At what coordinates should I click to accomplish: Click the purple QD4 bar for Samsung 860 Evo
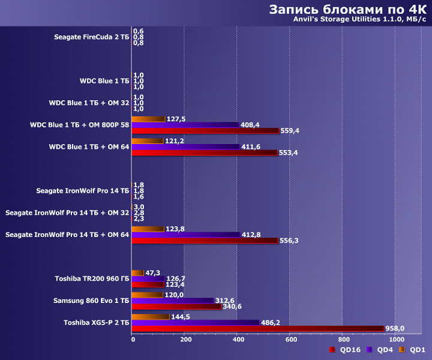point(173,301)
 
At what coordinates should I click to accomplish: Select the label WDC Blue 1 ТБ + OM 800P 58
point(79,125)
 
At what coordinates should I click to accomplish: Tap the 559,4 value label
point(291,131)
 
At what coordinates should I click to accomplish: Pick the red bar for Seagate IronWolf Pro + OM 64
point(206,241)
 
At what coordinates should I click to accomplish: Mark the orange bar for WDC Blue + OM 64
point(147,141)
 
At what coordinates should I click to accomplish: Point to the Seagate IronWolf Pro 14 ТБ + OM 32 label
point(67,212)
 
